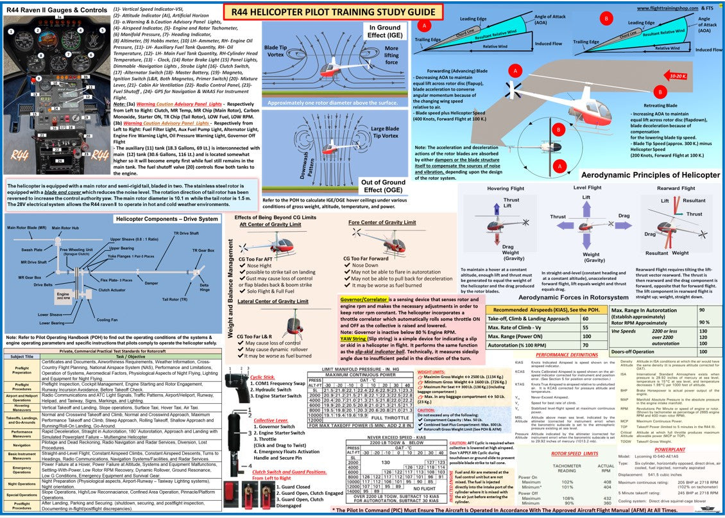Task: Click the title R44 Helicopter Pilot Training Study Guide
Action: (333, 11)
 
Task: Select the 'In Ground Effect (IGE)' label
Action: (384, 32)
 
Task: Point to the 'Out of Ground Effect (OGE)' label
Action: (383, 186)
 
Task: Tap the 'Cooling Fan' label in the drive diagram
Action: (107, 319)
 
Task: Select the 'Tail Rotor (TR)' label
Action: (175, 299)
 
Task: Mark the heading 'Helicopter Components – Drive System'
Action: (166, 219)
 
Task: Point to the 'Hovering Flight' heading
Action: (506, 188)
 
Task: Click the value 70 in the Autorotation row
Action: (585, 345)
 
